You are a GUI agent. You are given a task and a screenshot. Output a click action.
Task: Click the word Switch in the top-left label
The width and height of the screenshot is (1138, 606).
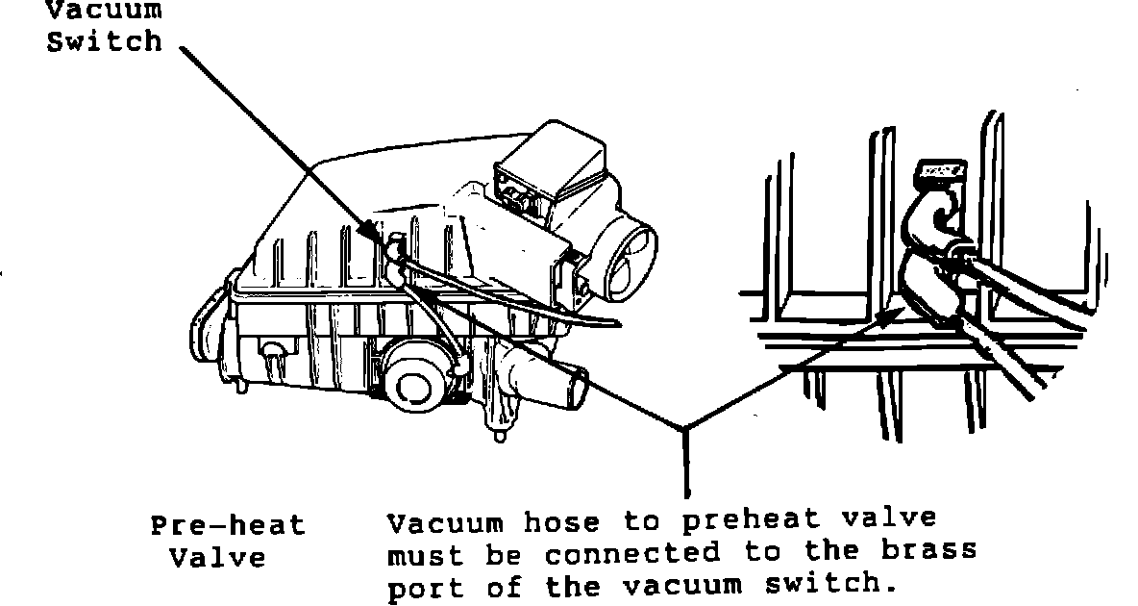[106, 42]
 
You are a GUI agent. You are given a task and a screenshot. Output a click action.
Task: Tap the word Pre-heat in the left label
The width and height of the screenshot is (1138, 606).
[227, 526]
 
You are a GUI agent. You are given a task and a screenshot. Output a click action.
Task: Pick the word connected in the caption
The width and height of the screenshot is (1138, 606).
[631, 553]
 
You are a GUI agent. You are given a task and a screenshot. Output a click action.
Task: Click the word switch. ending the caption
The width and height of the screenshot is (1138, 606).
[838, 584]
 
